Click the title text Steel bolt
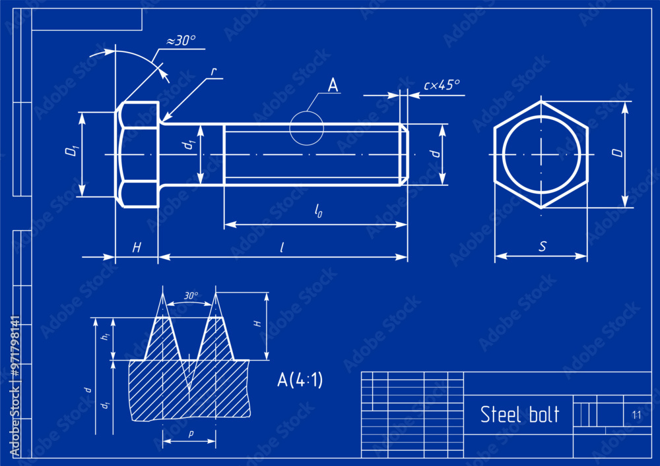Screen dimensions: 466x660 [x=519, y=415]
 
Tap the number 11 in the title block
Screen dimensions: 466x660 [x=636, y=415]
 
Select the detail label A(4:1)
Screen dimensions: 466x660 [x=300, y=380]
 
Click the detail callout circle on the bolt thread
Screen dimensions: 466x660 [x=307, y=128]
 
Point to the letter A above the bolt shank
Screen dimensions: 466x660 [x=333, y=85]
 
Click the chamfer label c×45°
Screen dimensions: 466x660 [x=442, y=84]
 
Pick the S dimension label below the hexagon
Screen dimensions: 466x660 [x=542, y=247]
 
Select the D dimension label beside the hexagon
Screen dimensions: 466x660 [x=616, y=153]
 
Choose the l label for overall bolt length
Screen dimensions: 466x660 [x=282, y=247]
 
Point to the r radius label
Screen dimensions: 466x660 [x=214, y=71]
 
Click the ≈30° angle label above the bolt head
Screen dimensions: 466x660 [x=180, y=41]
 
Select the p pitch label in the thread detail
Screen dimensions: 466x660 [x=190, y=434]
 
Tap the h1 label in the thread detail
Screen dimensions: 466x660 [x=104, y=336]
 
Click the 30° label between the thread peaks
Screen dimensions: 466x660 [x=191, y=296]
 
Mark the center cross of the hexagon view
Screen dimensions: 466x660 [x=541, y=155]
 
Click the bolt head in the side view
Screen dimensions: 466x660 [x=138, y=155]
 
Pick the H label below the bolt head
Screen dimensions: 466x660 [x=137, y=247]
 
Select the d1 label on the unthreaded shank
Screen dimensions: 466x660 [x=190, y=146]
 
